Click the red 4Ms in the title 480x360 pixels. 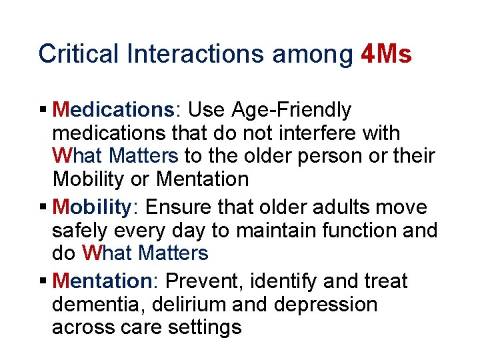click(385, 53)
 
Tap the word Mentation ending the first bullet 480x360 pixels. click(203, 179)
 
